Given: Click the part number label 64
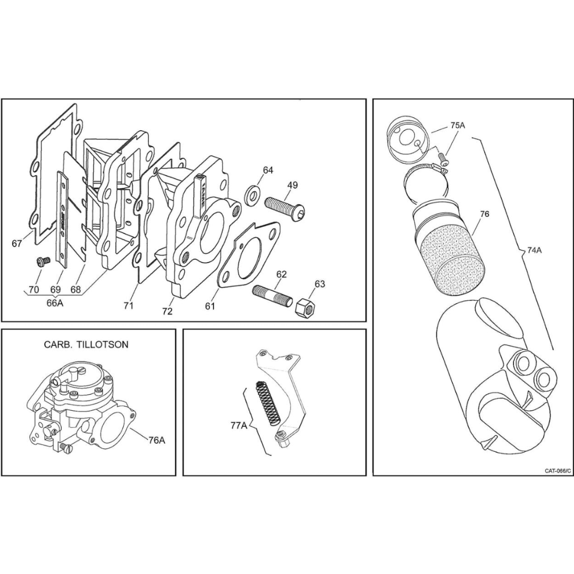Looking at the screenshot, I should point(268,170).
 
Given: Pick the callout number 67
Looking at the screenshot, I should point(17,243).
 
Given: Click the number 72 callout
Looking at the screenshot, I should point(167,312).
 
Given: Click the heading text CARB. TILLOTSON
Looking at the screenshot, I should point(86,344).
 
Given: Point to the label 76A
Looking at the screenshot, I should point(156,440).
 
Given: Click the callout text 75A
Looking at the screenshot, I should point(457,125).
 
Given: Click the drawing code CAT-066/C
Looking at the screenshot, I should point(558,471).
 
